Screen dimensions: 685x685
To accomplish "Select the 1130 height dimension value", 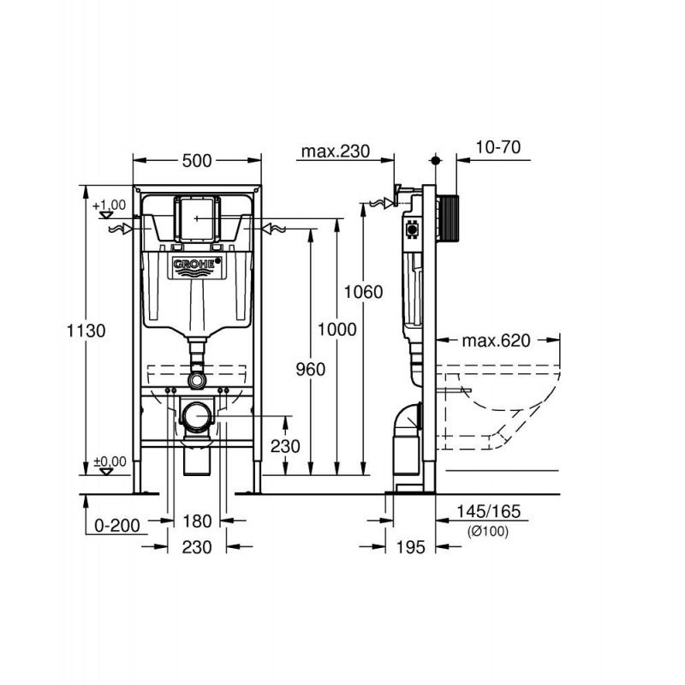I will (87, 331).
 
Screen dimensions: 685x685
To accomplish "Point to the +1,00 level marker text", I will (110, 205).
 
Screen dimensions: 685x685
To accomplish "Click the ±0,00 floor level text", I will (110, 461).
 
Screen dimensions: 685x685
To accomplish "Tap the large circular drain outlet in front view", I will (198, 417).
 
